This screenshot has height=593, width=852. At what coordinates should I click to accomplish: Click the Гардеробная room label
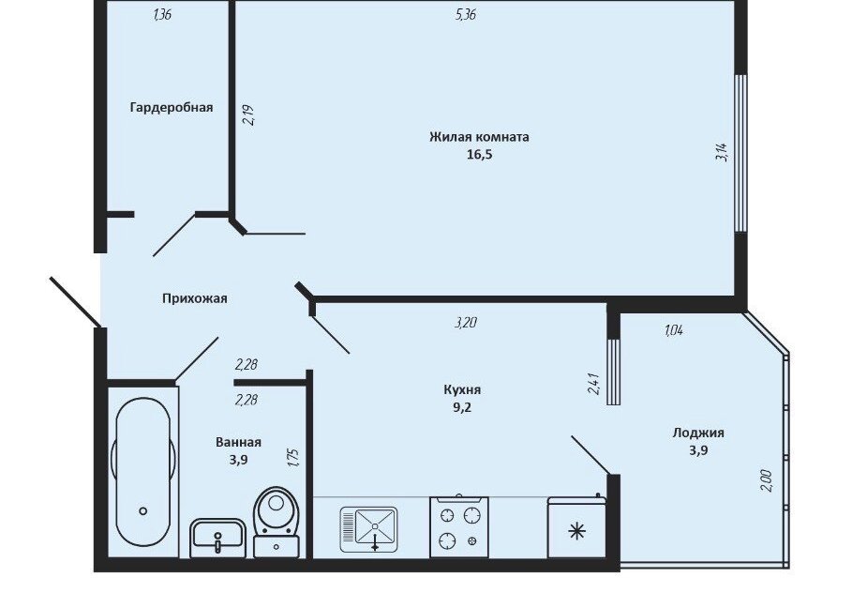pyautogui.click(x=172, y=107)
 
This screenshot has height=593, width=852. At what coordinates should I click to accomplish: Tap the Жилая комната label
pyautogui.click(x=479, y=137)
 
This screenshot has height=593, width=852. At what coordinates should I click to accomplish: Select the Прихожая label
pyautogui.click(x=195, y=298)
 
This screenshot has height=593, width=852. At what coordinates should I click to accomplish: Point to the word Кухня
pyautogui.click(x=462, y=389)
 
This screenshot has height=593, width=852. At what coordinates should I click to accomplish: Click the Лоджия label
pyautogui.click(x=698, y=433)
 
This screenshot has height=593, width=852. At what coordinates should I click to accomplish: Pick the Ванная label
pyautogui.click(x=238, y=442)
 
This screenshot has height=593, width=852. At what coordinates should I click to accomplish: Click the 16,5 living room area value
pyautogui.click(x=479, y=155)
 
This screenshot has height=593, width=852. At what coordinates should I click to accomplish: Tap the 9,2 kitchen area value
pyautogui.click(x=462, y=407)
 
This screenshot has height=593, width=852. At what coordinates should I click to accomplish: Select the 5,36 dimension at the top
pyautogui.click(x=466, y=15)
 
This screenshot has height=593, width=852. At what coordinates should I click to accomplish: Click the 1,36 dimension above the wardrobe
pyautogui.click(x=163, y=15)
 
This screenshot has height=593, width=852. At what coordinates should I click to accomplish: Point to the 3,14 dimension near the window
pyautogui.click(x=722, y=152)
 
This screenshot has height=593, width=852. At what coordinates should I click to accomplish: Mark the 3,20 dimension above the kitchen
pyautogui.click(x=466, y=323)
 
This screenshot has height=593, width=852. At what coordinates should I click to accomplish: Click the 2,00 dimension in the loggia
pyautogui.click(x=766, y=480)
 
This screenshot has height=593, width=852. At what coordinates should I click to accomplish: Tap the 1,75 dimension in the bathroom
pyautogui.click(x=294, y=457)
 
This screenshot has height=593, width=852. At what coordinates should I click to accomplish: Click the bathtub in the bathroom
pyautogui.click(x=143, y=473)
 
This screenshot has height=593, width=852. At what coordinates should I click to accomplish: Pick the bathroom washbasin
pyautogui.click(x=217, y=538)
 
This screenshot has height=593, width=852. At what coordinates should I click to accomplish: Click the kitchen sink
pyautogui.click(x=369, y=529)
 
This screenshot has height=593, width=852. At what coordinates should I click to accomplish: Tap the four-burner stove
pyautogui.click(x=459, y=526)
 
